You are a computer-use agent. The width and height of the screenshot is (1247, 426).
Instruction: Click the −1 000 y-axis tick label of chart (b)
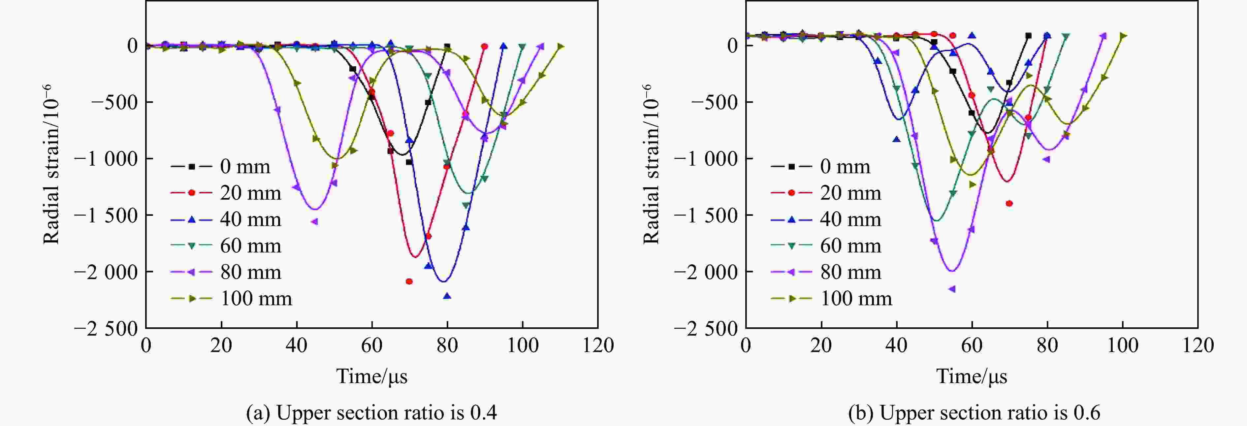[x=705, y=159]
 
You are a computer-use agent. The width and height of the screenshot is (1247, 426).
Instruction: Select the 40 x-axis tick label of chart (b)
[x=897, y=345]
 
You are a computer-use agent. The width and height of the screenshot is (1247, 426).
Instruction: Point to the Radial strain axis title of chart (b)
[x=651, y=165]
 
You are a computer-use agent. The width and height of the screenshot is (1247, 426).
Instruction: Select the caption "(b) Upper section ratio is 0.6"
[x=974, y=412]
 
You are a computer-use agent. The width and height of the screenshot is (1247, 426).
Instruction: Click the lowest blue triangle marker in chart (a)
[x=447, y=296]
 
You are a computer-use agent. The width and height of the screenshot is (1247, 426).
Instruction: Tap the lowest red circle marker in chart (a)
[x=409, y=281]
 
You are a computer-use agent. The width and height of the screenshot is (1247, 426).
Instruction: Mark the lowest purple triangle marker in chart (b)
[x=952, y=289]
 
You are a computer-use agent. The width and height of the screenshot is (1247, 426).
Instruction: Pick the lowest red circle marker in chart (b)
[x=1009, y=203]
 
